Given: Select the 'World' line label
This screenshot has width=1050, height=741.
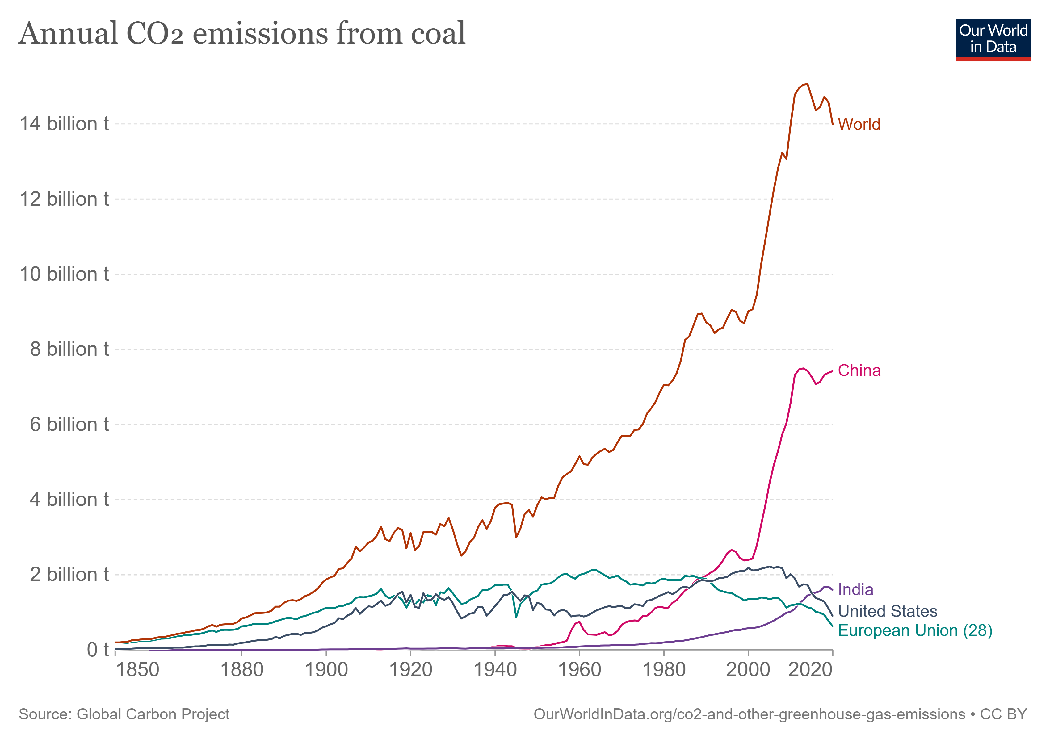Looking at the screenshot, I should [859, 124].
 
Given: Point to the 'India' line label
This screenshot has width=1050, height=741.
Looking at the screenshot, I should [855, 590].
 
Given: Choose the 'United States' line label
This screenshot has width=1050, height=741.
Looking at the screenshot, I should [887, 611].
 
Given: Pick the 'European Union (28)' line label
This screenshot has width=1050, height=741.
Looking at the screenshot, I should [915, 630].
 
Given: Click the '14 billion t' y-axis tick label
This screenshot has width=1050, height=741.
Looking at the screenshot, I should [64, 124].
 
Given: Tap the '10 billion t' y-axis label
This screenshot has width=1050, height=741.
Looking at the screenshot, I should [64, 274].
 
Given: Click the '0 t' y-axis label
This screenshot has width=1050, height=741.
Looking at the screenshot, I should [97, 650].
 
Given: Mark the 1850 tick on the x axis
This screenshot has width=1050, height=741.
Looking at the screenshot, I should [137, 670].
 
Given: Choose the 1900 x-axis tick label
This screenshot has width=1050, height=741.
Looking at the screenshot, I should [326, 670].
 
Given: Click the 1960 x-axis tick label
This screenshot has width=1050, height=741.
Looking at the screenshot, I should [579, 670].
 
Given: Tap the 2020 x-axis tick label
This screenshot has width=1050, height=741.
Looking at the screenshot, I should [810, 670].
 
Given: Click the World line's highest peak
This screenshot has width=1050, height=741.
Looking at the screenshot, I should [807, 84].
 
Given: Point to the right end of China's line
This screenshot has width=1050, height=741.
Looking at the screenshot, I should [832, 372].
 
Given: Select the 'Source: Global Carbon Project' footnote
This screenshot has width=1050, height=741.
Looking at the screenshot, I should [124, 714].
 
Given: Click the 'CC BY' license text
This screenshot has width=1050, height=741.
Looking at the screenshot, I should [1003, 714].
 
